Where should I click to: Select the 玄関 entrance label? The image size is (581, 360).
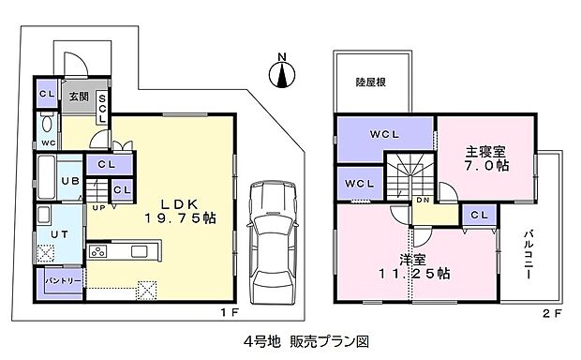75,95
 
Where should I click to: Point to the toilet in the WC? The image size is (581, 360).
48,123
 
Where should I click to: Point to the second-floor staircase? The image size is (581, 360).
413,173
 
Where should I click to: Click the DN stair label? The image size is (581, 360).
424,201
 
